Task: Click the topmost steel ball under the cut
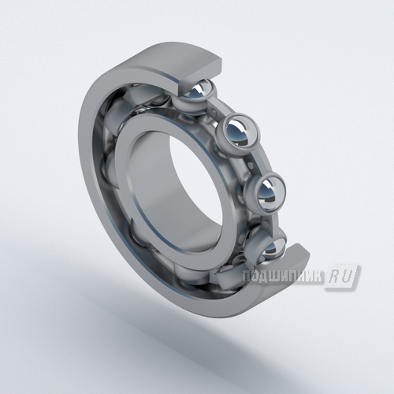pos(199,89)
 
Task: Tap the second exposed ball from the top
pos(239,132)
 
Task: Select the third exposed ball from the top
pos(266,191)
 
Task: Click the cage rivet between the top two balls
pos(216,113)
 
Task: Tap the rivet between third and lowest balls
pos(268,223)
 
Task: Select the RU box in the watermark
pos(342,278)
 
